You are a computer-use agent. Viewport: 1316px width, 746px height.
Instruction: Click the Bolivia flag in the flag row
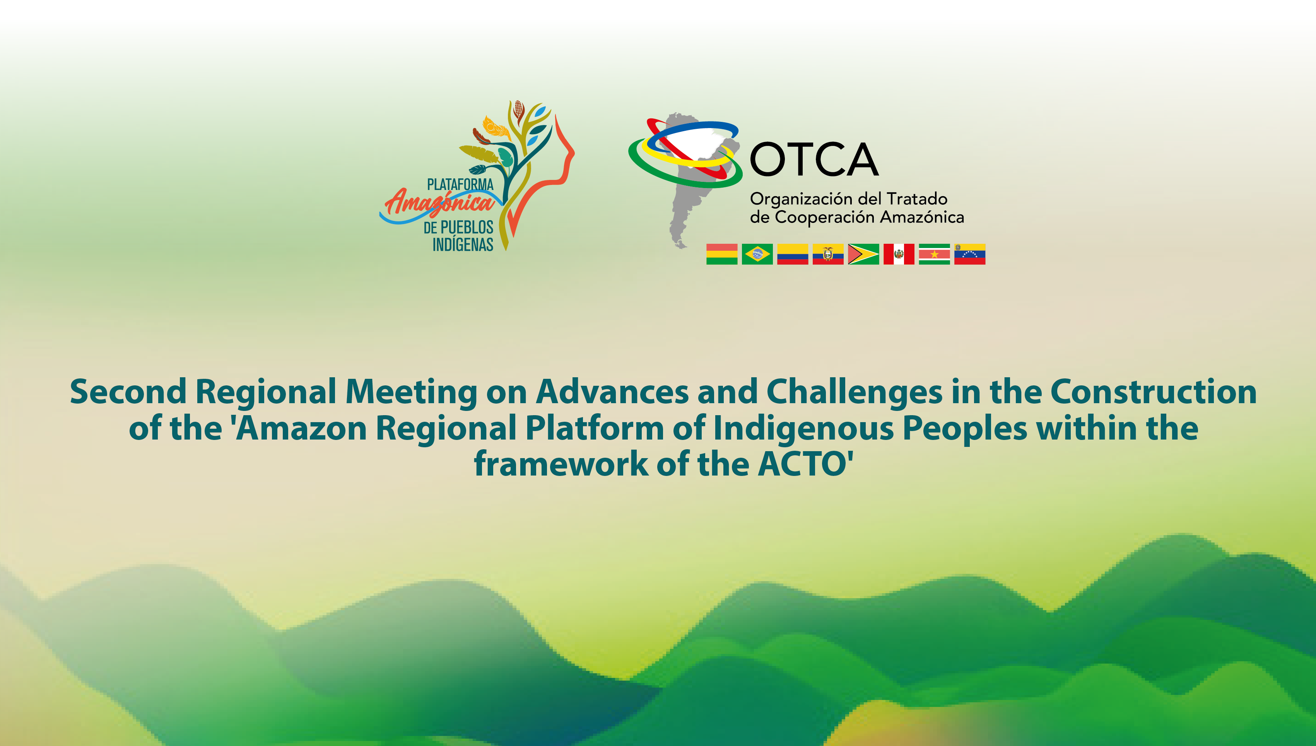click(721, 254)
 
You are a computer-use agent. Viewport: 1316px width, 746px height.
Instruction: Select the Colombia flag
click(793, 254)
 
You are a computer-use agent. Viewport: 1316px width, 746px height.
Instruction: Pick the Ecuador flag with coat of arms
click(828, 254)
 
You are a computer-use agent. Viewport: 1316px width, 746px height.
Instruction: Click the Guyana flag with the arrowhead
click(863, 254)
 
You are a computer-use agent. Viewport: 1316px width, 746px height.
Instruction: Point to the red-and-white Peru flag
click(899, 254)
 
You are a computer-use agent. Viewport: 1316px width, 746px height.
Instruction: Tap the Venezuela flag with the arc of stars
click(970, 254)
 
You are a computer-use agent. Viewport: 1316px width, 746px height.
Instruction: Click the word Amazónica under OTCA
click(922, 217)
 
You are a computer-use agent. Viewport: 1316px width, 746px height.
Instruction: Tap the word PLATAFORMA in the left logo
click(460, 185)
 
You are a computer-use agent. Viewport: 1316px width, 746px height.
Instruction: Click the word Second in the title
click(128, 392)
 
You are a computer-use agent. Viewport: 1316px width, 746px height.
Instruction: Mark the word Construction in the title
click(1154, 392)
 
